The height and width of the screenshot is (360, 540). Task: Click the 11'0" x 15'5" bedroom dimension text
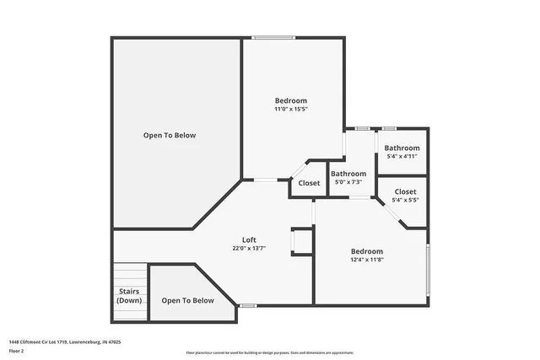(x=290, y=110)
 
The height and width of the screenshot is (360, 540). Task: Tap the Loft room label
(x=249, y=239)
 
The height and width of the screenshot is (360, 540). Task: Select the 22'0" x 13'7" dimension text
(x=249, y=249)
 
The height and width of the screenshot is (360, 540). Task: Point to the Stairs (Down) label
(x=129, y=296)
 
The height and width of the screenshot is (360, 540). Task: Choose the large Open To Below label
(x=170, y=136)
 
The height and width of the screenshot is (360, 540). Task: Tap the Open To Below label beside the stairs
(x=187, y=301)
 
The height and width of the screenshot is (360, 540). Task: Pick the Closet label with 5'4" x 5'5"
(x=405, y=191)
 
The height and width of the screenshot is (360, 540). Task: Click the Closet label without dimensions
(x=309, y=183)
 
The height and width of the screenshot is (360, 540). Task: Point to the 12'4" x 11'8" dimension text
(x=367, y=261)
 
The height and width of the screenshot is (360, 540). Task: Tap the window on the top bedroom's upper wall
(x=274, y=37)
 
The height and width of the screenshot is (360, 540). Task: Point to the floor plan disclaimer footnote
(x=269, y=352)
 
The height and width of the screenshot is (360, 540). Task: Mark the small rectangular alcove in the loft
(x=301, y=241)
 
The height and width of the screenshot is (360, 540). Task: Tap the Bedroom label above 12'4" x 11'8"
(x=367, y=251)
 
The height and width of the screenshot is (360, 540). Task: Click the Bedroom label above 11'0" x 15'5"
(x=290, y=100)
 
